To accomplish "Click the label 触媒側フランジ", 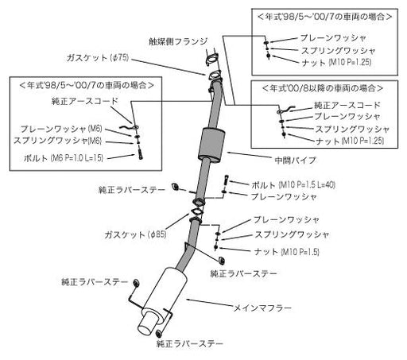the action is tap(178, 41).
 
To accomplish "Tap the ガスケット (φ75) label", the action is tap(98, 57).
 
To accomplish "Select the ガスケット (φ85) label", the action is tap(135, 234).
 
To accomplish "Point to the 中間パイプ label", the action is tap(296, 160).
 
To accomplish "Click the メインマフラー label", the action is tap(262, 308).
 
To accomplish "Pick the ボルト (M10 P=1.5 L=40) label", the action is tap(293, 184).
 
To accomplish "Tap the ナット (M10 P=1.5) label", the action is tap(286, 251).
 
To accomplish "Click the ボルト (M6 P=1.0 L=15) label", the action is tap(64, 158).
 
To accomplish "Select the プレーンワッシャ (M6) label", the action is tap(61, 129).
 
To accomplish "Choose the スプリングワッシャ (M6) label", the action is tap(57, 141).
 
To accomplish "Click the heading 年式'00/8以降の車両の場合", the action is tap(323, 87).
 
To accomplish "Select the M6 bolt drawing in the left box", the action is tap(140, 154).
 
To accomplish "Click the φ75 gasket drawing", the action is tap(215, 75).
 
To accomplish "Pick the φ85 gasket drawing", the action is tap(196, 213).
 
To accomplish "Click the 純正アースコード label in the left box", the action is tap(84, 101).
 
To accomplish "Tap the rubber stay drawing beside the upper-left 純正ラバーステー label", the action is tap(175, 186).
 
